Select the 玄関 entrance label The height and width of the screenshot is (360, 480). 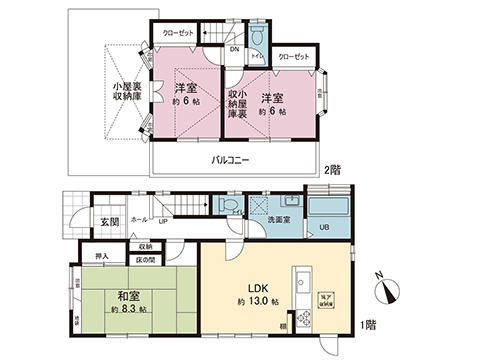tap(81, 222)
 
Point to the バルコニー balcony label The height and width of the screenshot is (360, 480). tap(230, 161)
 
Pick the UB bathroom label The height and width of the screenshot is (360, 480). tap(322, 226)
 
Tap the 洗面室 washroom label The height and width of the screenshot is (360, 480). tap(280, 220)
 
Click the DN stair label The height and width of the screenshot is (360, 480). tap(234, 48)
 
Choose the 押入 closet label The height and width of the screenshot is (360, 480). tap(102, 256)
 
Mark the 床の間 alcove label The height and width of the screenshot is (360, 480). tap(146, 260)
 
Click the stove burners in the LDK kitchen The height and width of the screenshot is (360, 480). tap(303, 319)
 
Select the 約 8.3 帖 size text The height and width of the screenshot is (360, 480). tap(129, 310)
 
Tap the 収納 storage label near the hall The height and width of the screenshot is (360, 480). tap(145, 245)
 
